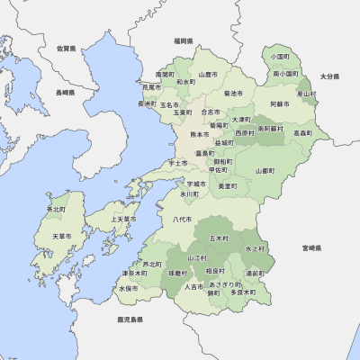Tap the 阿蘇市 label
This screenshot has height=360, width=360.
pos(280,104)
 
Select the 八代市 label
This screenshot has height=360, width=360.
pos(181,219)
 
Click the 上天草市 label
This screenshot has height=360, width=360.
pos(122,219)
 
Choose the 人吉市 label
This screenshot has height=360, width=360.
pos(193,287)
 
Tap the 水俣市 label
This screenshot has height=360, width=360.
pos(129,289)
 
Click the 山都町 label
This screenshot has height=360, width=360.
pos(265,170)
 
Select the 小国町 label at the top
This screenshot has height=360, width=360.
pos(280,56)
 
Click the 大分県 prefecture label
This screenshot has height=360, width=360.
pos(328,77)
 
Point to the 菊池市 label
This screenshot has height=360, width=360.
pos(232,93)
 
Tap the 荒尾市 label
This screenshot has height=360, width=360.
pos(151,87)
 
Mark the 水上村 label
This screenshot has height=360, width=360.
pos(255,247)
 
